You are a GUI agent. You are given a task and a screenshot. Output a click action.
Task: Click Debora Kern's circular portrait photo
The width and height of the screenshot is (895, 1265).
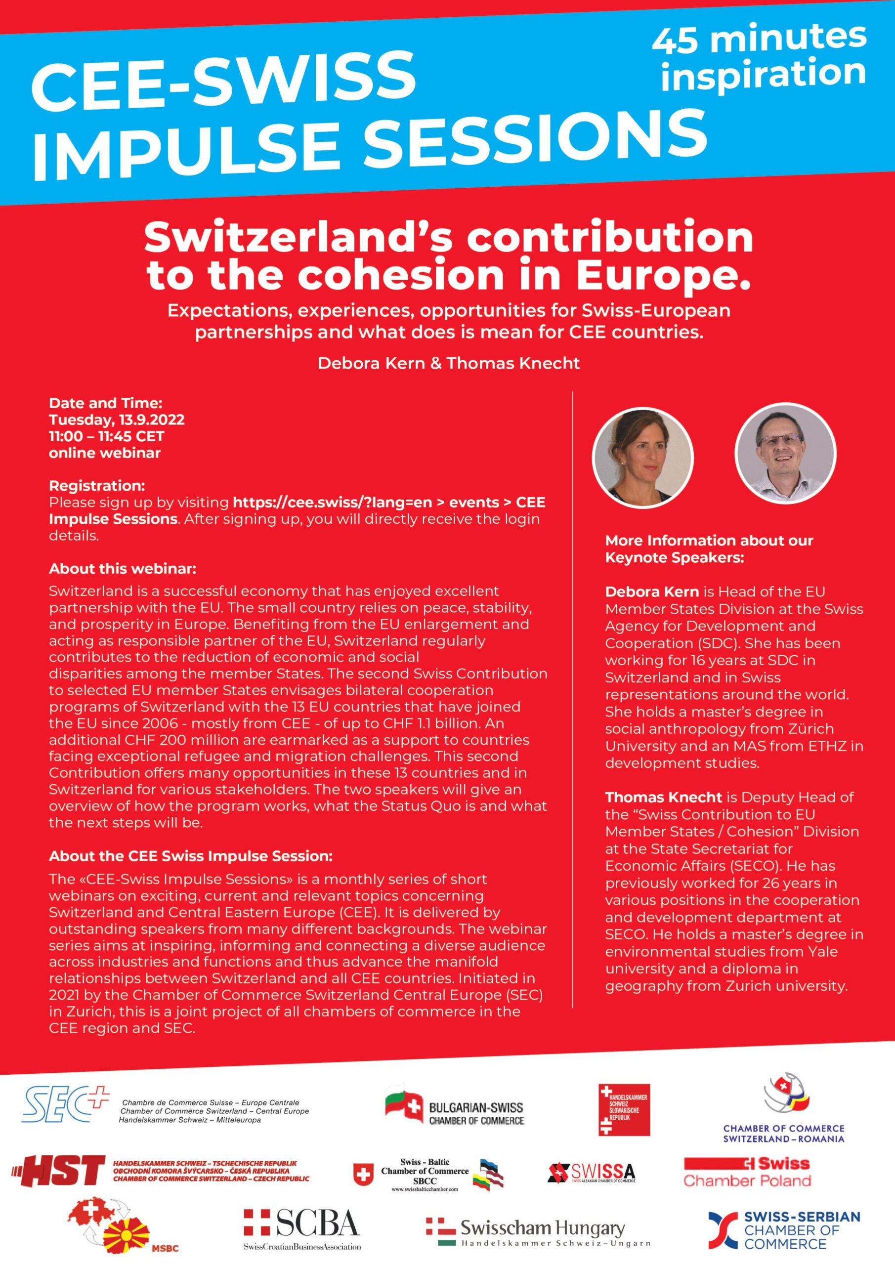pos(642,457)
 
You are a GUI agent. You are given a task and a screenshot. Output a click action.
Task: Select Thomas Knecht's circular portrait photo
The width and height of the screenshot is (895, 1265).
pos(785,453)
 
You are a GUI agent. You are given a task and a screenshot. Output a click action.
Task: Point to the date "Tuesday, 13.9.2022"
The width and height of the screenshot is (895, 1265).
pos(117,420)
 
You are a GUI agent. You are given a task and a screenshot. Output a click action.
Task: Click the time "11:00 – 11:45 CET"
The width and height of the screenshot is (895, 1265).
pos(107,436)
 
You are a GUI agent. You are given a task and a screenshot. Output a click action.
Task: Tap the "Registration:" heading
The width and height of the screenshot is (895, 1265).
pos(97,485)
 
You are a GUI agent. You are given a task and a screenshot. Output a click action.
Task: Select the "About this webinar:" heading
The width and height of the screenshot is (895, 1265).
pos(123,569)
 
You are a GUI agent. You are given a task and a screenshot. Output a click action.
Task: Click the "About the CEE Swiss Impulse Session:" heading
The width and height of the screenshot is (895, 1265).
pos(191,856)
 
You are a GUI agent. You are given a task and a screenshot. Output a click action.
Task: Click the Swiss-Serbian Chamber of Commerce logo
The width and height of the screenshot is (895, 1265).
pos(784,1230)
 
